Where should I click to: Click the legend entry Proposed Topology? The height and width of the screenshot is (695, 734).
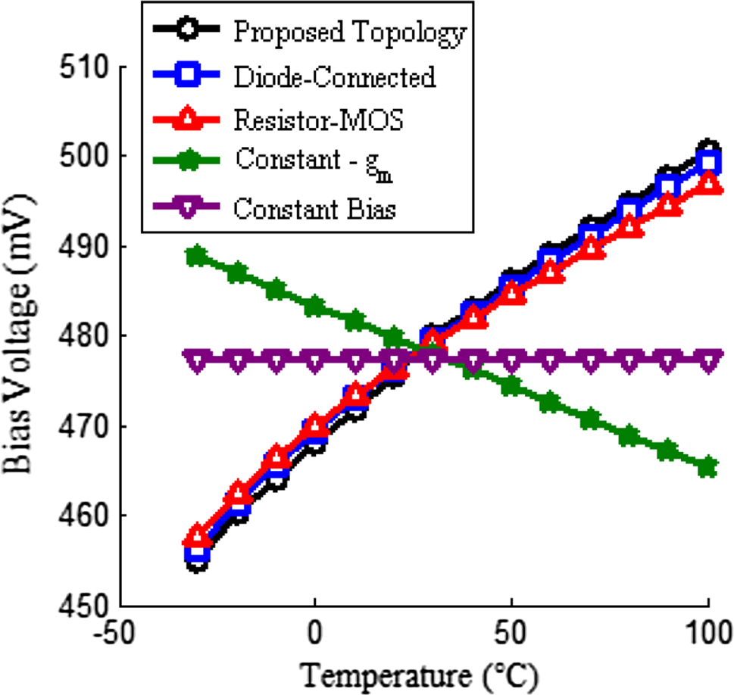[x=349, y=33]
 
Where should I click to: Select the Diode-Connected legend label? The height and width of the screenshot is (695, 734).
[x=335, y=76]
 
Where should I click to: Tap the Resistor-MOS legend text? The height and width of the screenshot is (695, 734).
[x=319, y=120]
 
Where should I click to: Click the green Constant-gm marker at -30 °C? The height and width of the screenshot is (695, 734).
[x=198, y=256]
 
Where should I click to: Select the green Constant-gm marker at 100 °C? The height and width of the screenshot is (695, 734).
[x=707, y=467]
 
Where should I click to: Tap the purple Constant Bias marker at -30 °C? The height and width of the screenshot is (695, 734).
[x=198, y=361]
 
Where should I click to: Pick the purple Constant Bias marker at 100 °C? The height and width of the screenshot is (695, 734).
[x=707, y=361]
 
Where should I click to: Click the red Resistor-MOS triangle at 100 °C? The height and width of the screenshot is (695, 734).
[x=707, y=183]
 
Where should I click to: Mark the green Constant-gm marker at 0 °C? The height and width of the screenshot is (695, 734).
[x=315, y=307]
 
